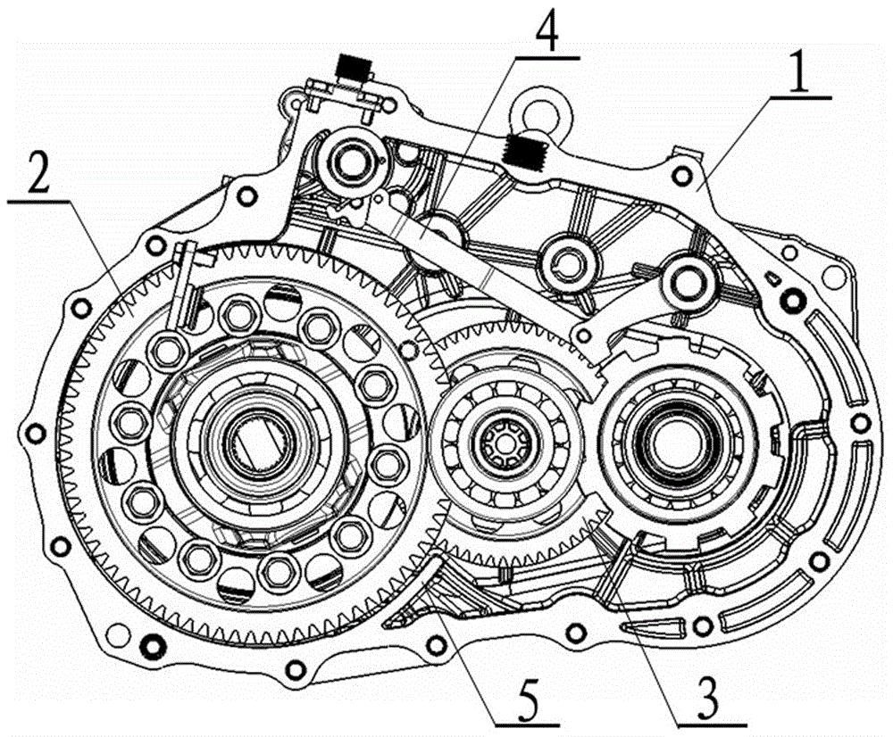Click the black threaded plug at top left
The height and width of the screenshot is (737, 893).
351,67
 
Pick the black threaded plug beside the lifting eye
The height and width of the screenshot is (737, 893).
524,151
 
